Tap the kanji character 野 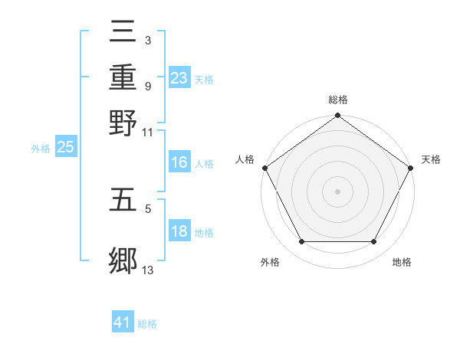point(123,122)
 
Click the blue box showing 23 point(179,77)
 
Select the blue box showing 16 point(179,162)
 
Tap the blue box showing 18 point(179,231)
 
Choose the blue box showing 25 point(65,148)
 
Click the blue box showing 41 point(123,322)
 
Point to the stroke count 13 point(148,269)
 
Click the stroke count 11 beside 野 point(148,131)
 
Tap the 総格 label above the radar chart point(338,100)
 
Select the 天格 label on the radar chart point(431,159)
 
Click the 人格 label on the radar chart point(245,159)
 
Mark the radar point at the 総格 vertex point(337,116)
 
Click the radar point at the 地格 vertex point(374,242)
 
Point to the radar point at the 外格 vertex point(301,242)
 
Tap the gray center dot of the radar point(337,191)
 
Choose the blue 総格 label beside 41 point(147,324)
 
